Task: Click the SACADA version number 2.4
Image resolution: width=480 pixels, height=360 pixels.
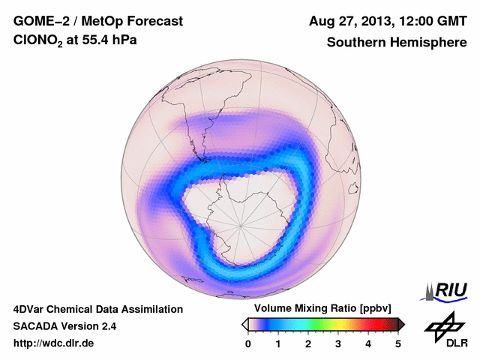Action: tap(106, 326)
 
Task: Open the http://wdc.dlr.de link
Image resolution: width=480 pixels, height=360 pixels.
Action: tap(54, 343)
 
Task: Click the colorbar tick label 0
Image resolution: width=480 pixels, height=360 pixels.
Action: tap(248, 343)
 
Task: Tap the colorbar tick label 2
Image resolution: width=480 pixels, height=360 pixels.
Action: tap(308, 343)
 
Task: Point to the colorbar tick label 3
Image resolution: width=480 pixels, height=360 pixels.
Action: tap(338, 343)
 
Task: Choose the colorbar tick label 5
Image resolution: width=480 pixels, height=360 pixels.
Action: tap(398, 343)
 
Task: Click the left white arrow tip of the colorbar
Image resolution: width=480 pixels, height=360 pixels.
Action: tap(244, 324)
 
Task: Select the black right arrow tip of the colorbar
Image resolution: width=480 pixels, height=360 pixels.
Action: tap(401, 324)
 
